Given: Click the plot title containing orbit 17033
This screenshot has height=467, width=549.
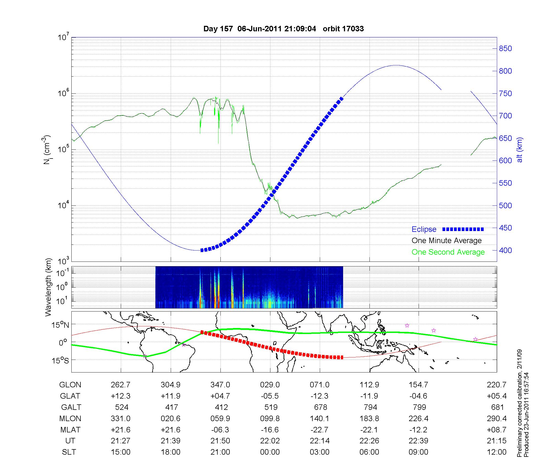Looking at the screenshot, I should coord(283,29).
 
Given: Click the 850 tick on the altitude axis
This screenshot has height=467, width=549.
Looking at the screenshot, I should coord(505,49).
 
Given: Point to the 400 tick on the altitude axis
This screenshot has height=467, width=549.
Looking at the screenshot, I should coord(505,250).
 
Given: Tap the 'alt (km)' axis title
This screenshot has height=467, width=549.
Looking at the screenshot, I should coord(519,150).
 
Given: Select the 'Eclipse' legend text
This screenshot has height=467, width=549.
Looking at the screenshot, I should coord(424,229).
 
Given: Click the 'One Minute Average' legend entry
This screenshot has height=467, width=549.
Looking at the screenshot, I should coord(447,241).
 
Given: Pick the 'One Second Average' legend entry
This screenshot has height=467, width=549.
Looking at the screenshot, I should coord(448,252).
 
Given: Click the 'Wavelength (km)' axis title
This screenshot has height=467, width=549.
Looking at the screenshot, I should coord(49,287).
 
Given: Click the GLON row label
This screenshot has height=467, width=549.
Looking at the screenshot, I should coord(70,385).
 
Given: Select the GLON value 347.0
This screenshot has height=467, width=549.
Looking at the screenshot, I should coord(220,385).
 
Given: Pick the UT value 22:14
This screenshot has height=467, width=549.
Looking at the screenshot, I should coord(320,441).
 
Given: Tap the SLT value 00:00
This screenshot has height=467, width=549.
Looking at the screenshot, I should coord(270,452).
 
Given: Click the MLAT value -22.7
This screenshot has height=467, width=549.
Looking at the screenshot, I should coord(320,430).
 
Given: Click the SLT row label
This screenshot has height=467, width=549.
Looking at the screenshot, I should coord(69,452).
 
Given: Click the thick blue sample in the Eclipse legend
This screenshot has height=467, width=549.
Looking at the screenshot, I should coord(463,229).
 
